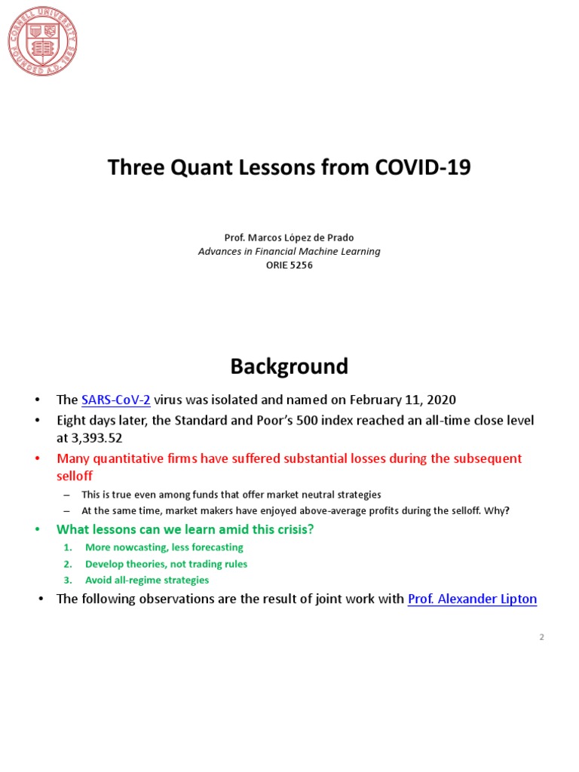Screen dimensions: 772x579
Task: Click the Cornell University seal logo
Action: pos(43,41)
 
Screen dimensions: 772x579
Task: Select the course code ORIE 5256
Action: pos(289,265)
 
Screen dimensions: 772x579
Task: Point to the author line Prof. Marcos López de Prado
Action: pos(289,237)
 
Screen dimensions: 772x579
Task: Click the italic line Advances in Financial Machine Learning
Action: pos(289,251)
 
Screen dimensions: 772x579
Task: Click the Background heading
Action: pos(289,366)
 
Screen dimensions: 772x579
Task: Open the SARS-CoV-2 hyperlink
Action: pos(116,400)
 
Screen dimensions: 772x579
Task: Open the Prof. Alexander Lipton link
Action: pos(472,599)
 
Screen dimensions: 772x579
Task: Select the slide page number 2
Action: pos(541,637)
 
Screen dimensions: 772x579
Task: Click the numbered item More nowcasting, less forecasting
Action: pos(164,547)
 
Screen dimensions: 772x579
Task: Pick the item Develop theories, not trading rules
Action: pos(166,564)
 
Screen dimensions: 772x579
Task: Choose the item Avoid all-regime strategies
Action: pos(147,581)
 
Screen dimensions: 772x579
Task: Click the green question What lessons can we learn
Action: pos(185,529)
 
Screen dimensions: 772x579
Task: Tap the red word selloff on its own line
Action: pos(75,476)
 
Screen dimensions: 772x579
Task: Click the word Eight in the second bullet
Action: pos(72,420)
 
